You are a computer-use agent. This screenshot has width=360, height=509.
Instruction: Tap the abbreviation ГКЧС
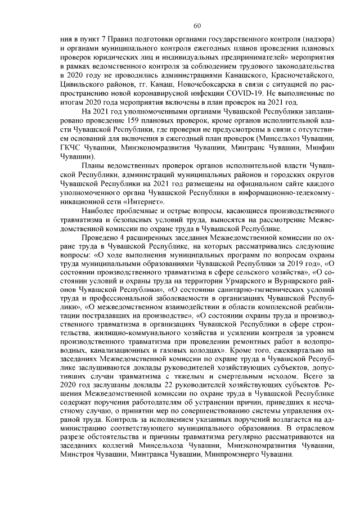coord(71,147)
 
